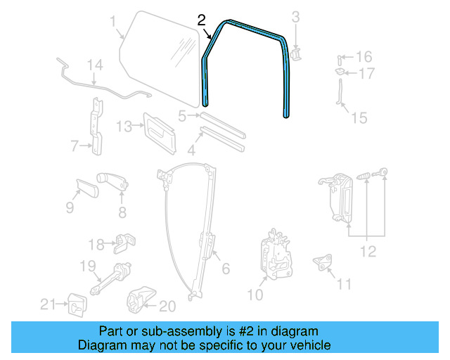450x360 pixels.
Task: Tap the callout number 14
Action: tap(95, 65)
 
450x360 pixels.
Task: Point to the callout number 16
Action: tap(364, 56)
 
